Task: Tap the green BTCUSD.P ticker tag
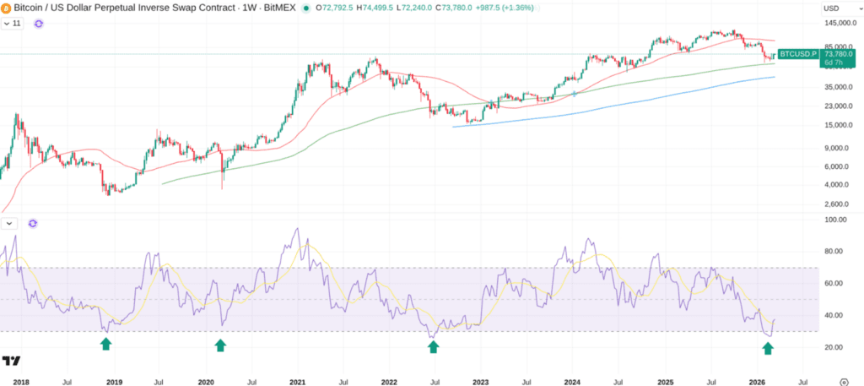click(797, 54)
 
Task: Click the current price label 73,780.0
click(836, 53)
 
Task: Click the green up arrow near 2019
click(105, 344)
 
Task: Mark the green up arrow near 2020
click(220, 345)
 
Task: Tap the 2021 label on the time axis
click(297, 382)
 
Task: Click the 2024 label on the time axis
click(573, 382)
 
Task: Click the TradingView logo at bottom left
click(11, 362)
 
